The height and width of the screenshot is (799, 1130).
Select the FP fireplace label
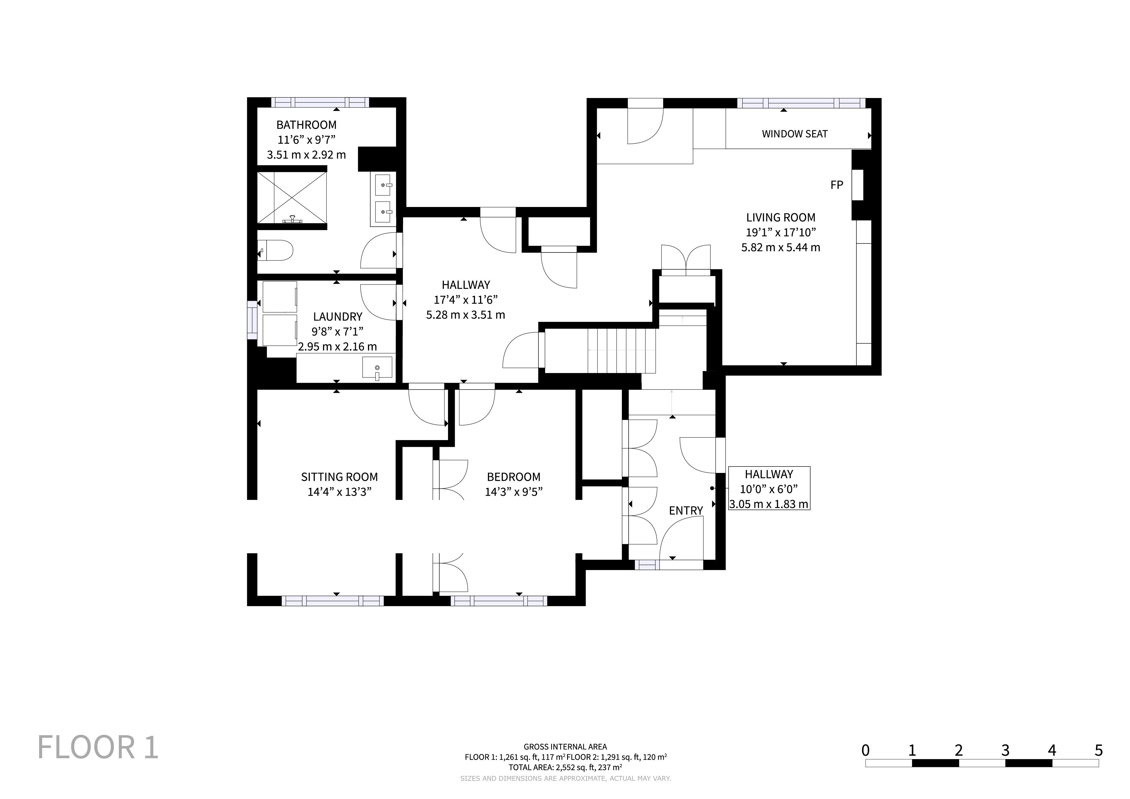[837, 185]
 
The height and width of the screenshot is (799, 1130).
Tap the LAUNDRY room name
[338, 317]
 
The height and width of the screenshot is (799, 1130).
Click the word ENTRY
[686, 511]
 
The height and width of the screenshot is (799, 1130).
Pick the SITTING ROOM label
[340, 477]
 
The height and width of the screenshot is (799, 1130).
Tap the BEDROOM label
[513, 477]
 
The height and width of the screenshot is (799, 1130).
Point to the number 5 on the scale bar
[1099, 750]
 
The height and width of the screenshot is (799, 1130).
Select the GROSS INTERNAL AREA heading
[565, 747]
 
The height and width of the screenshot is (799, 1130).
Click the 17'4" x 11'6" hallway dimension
[466, 300]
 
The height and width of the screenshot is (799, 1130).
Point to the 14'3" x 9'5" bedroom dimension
[513, 492]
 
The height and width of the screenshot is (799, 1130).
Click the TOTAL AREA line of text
[565, 767]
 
